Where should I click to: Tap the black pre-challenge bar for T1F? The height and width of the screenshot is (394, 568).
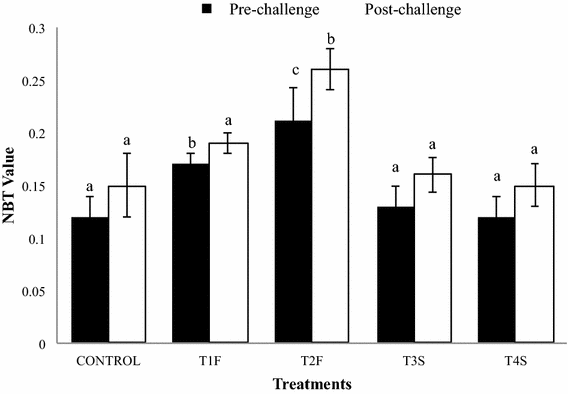click(190, 254)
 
